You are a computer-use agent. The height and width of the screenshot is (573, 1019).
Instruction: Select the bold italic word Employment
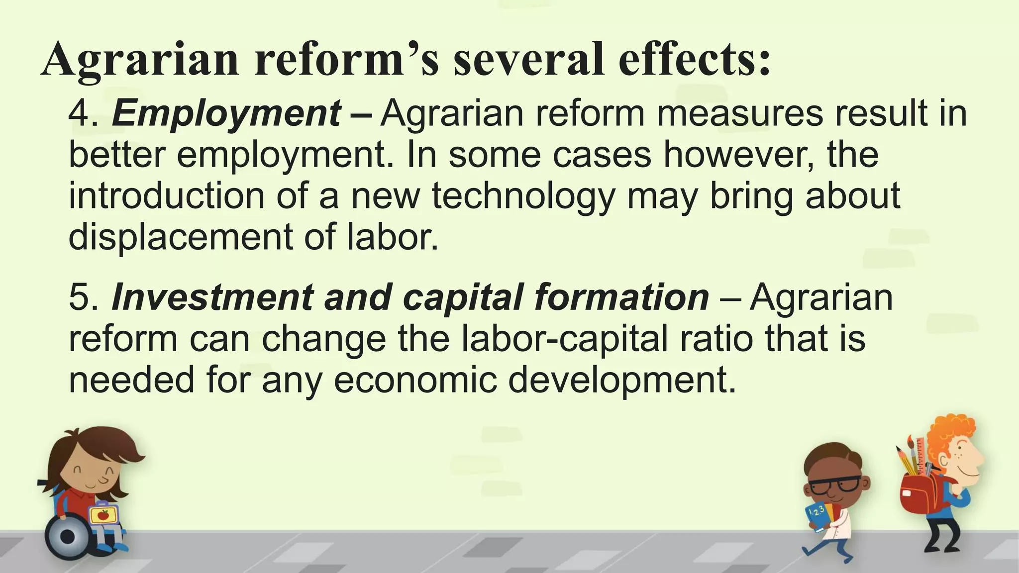pyautogui.click(x=227, y=113)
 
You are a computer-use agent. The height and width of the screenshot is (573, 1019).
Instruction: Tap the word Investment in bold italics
pyautogui.click(x=212, y=297)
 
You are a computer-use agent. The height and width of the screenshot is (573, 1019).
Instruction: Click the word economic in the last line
pyautogui.click(x=416, y=381)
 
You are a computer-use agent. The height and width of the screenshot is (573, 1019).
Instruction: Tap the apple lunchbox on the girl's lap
pyautogui.click(x=103, y=514)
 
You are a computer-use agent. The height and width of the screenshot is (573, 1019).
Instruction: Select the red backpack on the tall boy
pyautogui.click(x=918, y=494)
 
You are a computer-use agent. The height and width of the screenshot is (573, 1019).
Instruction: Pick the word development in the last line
pyautogui.click(x=622, y=381)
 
